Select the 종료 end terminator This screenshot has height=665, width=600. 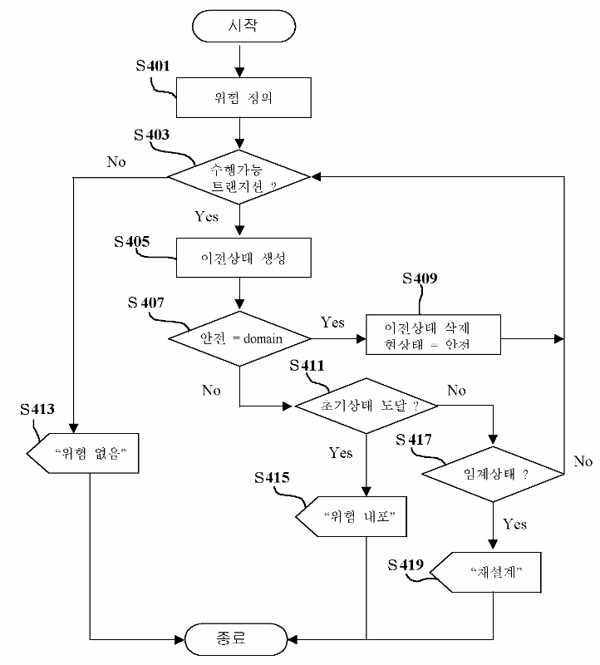pos(239,639)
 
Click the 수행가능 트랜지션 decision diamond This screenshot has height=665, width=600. pos(239,176)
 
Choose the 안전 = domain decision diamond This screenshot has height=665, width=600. pos(239,338)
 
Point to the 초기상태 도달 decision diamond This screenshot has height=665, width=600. pos(366,405)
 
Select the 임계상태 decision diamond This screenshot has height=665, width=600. pos(494,474)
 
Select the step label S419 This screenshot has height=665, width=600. pos(406,565)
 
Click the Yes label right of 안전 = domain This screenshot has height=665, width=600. pos(332,323)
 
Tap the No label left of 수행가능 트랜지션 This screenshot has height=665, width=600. pos(116,161)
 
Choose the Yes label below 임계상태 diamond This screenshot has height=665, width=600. pos(514,525)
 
